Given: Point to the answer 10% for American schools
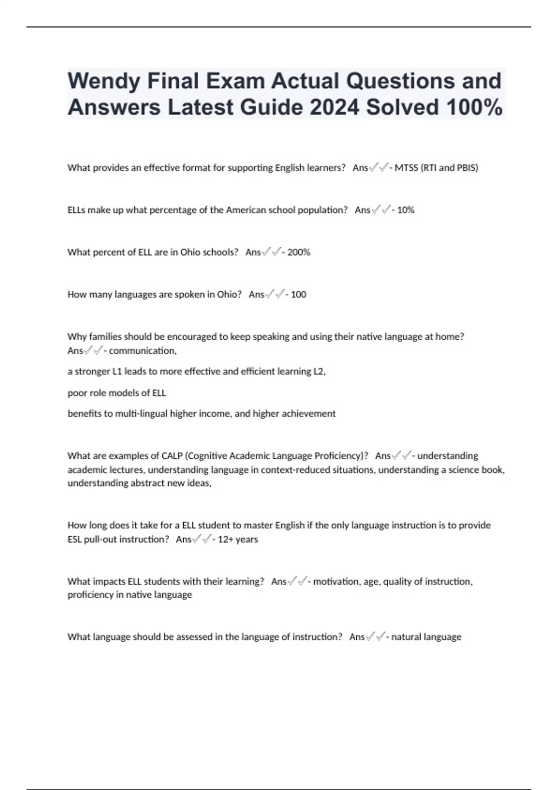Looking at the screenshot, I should pos(405,210).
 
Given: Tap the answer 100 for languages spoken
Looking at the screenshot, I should pos(299,295).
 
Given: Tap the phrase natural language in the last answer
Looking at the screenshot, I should pos(426,637).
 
